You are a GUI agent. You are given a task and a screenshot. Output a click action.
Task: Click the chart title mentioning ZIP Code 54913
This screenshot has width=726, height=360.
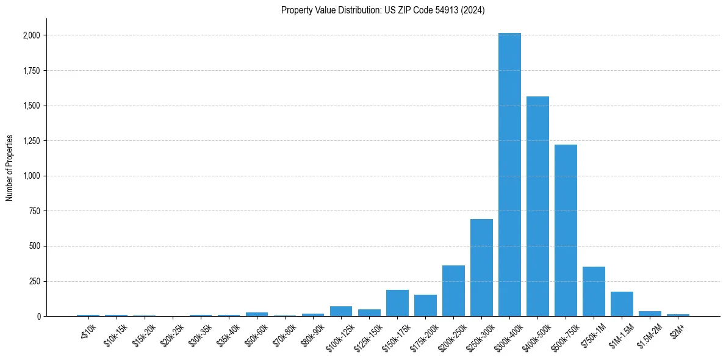point(383,10)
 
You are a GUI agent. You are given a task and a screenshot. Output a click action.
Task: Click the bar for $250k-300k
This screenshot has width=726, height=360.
point(481,268)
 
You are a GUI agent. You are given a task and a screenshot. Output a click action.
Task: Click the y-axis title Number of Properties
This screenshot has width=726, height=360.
point(10,168)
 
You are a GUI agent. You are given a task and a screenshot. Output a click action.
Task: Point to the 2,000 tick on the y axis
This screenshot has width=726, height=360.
point(32,35)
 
